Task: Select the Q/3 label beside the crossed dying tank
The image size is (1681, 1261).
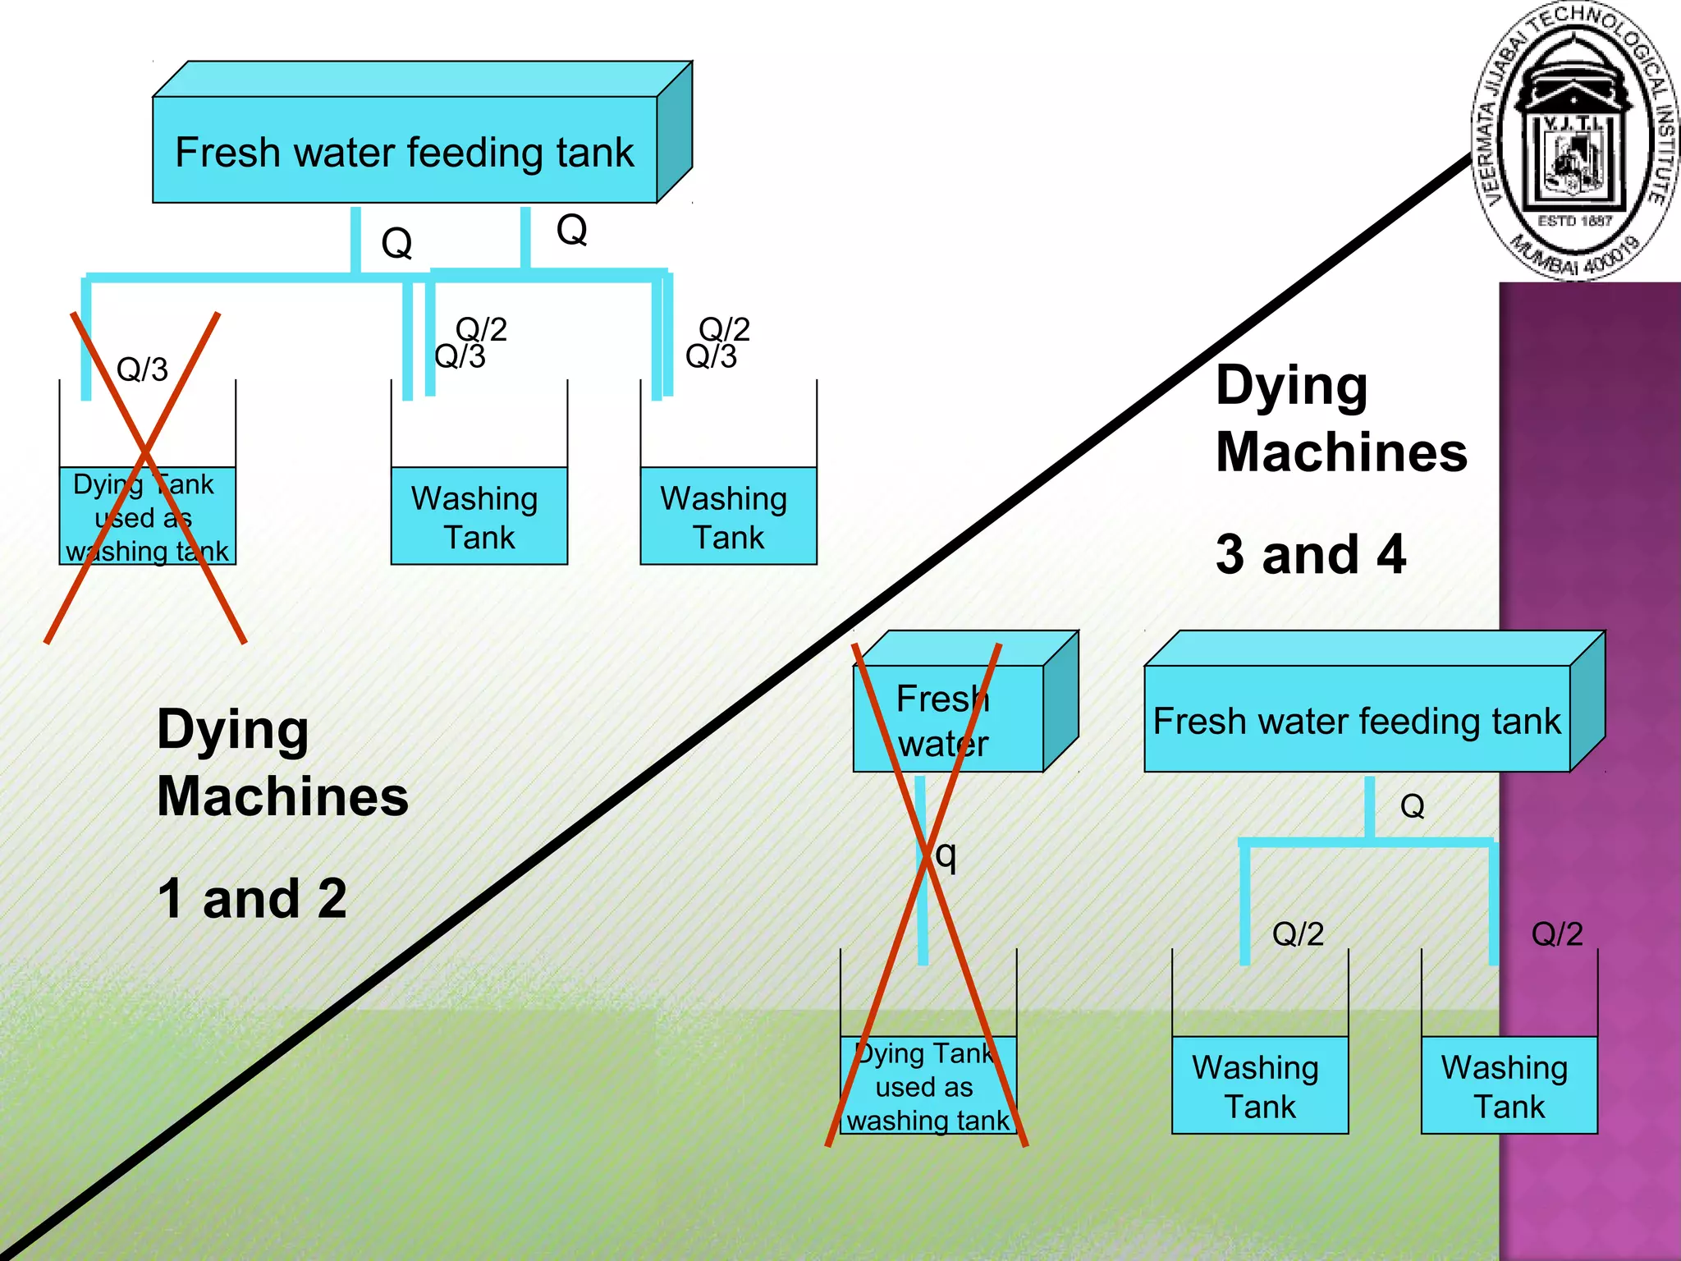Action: (x=142, y=369)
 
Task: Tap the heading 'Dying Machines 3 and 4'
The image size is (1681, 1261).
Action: (x=1340, y=468)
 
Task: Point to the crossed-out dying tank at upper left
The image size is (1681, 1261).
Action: (x=148, y=516)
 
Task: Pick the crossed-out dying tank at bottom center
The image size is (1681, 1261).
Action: (x=928, y=1085)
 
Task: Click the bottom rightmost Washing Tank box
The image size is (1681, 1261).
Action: (x=1509, y=1085)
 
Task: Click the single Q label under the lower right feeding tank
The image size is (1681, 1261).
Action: (x=1412, y=806)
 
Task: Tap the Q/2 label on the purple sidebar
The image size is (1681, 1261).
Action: (x=1556, y=934)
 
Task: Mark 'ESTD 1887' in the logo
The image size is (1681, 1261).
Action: (x=1574, y=221)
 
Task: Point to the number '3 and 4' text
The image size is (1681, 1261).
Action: (x=1310, y=554)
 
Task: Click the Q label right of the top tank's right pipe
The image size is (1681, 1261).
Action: (x=571, y=229)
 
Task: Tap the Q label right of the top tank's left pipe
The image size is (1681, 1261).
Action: (x=396, y=243)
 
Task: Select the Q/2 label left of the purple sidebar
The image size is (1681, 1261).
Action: (x=1298, y=934)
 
